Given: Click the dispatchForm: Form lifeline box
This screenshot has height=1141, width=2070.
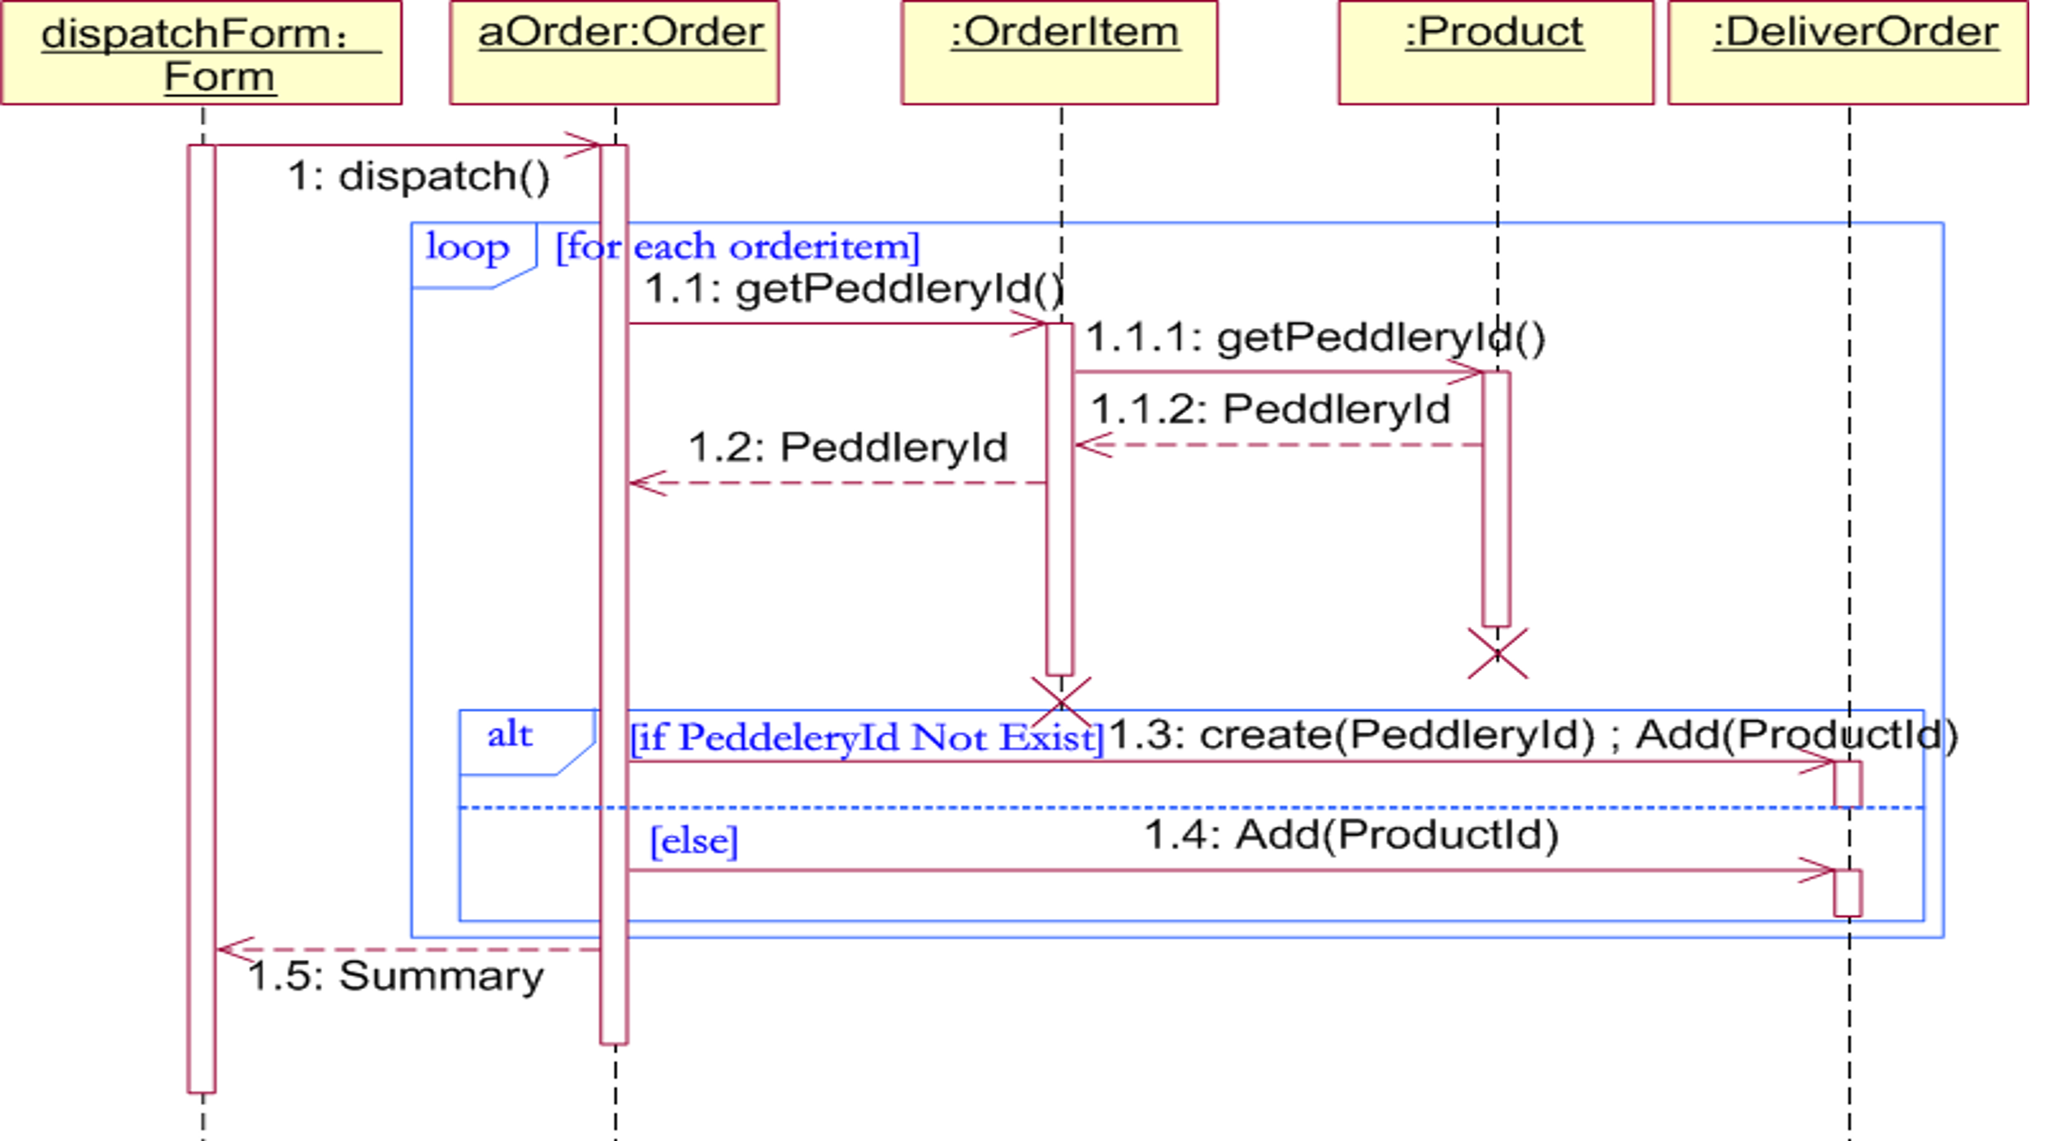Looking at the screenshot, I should coord(201,53).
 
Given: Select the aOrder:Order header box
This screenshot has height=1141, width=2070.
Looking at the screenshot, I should coord(615,53).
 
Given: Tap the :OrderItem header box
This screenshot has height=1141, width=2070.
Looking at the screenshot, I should coord(1059,53).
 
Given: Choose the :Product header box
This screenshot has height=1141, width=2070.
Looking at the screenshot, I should coord(1496,53).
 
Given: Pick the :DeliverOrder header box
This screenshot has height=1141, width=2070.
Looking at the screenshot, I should coord(1847,53).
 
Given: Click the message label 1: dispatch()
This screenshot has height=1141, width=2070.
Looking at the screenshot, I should coord(419,176).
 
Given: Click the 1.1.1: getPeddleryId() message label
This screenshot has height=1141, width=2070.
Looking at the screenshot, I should coord(1315,337).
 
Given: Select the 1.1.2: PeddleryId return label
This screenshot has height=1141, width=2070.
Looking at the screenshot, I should coord(1270,408).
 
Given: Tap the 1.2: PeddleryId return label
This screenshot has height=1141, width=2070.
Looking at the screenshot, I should coord(848,447).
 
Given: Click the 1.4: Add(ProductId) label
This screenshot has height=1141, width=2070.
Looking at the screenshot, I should coord(1351,835).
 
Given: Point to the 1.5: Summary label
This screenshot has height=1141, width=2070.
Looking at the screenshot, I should coord(396,975).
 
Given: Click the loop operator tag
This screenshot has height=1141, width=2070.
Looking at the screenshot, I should coord(467,247).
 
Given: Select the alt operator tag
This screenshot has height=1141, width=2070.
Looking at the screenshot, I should coord(510,735).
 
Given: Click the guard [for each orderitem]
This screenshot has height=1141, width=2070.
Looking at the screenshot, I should coord(737,247).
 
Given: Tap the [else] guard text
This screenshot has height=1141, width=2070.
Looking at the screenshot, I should coord(694,841).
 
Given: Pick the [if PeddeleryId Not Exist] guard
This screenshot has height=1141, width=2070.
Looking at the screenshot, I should coord(867,738).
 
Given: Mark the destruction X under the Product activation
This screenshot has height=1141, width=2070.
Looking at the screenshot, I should coord(1498,653).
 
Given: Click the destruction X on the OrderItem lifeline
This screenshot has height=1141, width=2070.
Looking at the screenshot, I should coord(1061,701).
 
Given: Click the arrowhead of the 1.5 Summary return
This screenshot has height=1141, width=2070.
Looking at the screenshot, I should coord(232,949).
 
